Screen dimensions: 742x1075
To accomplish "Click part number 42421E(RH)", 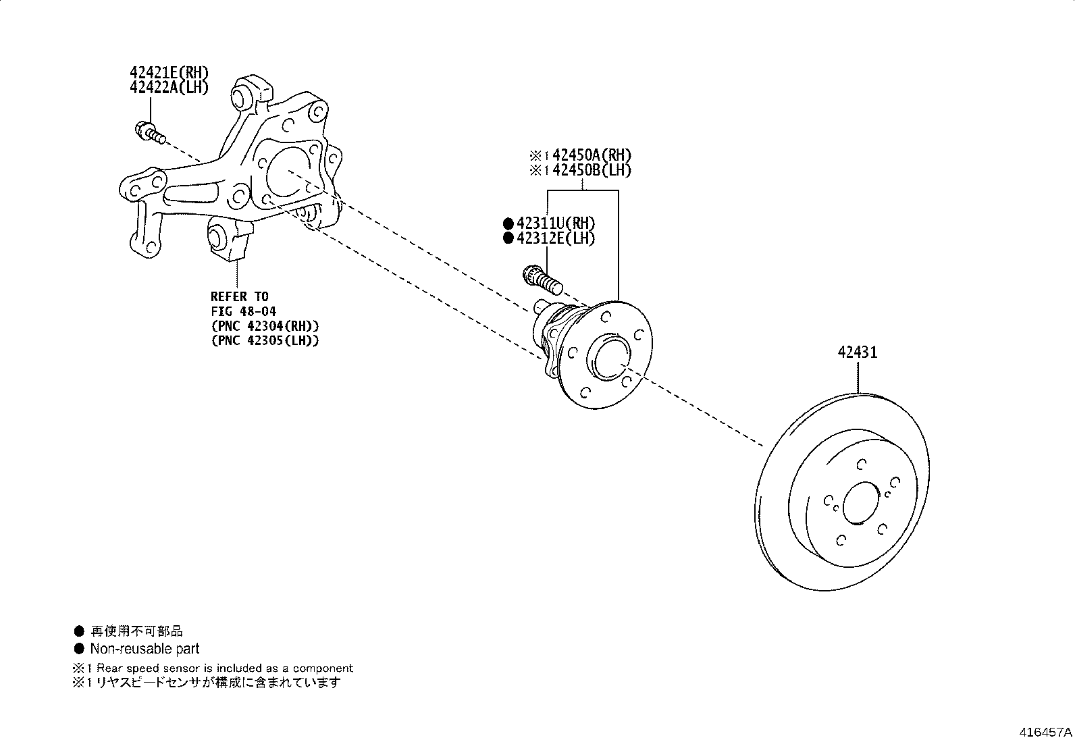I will [169, 73].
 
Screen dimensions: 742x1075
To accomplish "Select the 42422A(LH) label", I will [169, 87].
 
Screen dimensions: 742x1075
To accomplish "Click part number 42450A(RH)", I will [592, 155].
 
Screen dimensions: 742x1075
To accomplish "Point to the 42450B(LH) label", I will [592, 170].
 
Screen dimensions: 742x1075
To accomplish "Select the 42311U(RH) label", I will [556, 223].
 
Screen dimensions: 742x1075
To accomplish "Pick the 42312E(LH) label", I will [556, 238].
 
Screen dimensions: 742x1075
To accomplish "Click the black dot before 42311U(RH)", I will [508, 223].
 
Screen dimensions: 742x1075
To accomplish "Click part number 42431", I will [858, 352].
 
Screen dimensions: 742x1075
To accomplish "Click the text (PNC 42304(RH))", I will [265, 326].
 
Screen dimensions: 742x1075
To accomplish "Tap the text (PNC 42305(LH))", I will [265, 340].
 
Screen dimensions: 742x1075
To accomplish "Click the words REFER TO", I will [239, 297].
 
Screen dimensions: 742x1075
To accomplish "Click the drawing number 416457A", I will [1045, 732].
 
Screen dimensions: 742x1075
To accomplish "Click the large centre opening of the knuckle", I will [288, 172].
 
